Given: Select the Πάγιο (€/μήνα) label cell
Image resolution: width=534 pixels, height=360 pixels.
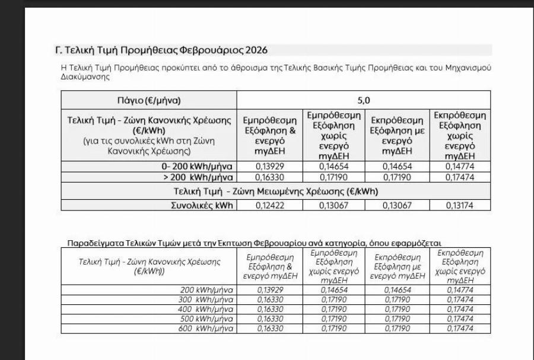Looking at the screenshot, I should point(149,100).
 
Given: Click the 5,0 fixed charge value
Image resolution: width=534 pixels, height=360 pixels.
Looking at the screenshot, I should point(363,100).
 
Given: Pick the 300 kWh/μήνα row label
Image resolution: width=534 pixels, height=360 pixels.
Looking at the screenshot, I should point(206,300).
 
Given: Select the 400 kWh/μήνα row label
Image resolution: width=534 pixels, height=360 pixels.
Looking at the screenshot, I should point(206,309).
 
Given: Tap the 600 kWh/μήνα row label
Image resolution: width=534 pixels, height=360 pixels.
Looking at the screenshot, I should point(206,328).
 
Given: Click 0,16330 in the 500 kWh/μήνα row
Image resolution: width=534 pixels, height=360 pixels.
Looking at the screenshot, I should point(270,318).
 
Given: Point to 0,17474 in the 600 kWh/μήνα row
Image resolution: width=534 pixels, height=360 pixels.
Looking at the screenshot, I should point(460,328).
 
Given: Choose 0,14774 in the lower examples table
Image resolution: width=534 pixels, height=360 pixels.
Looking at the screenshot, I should point(460,290).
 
